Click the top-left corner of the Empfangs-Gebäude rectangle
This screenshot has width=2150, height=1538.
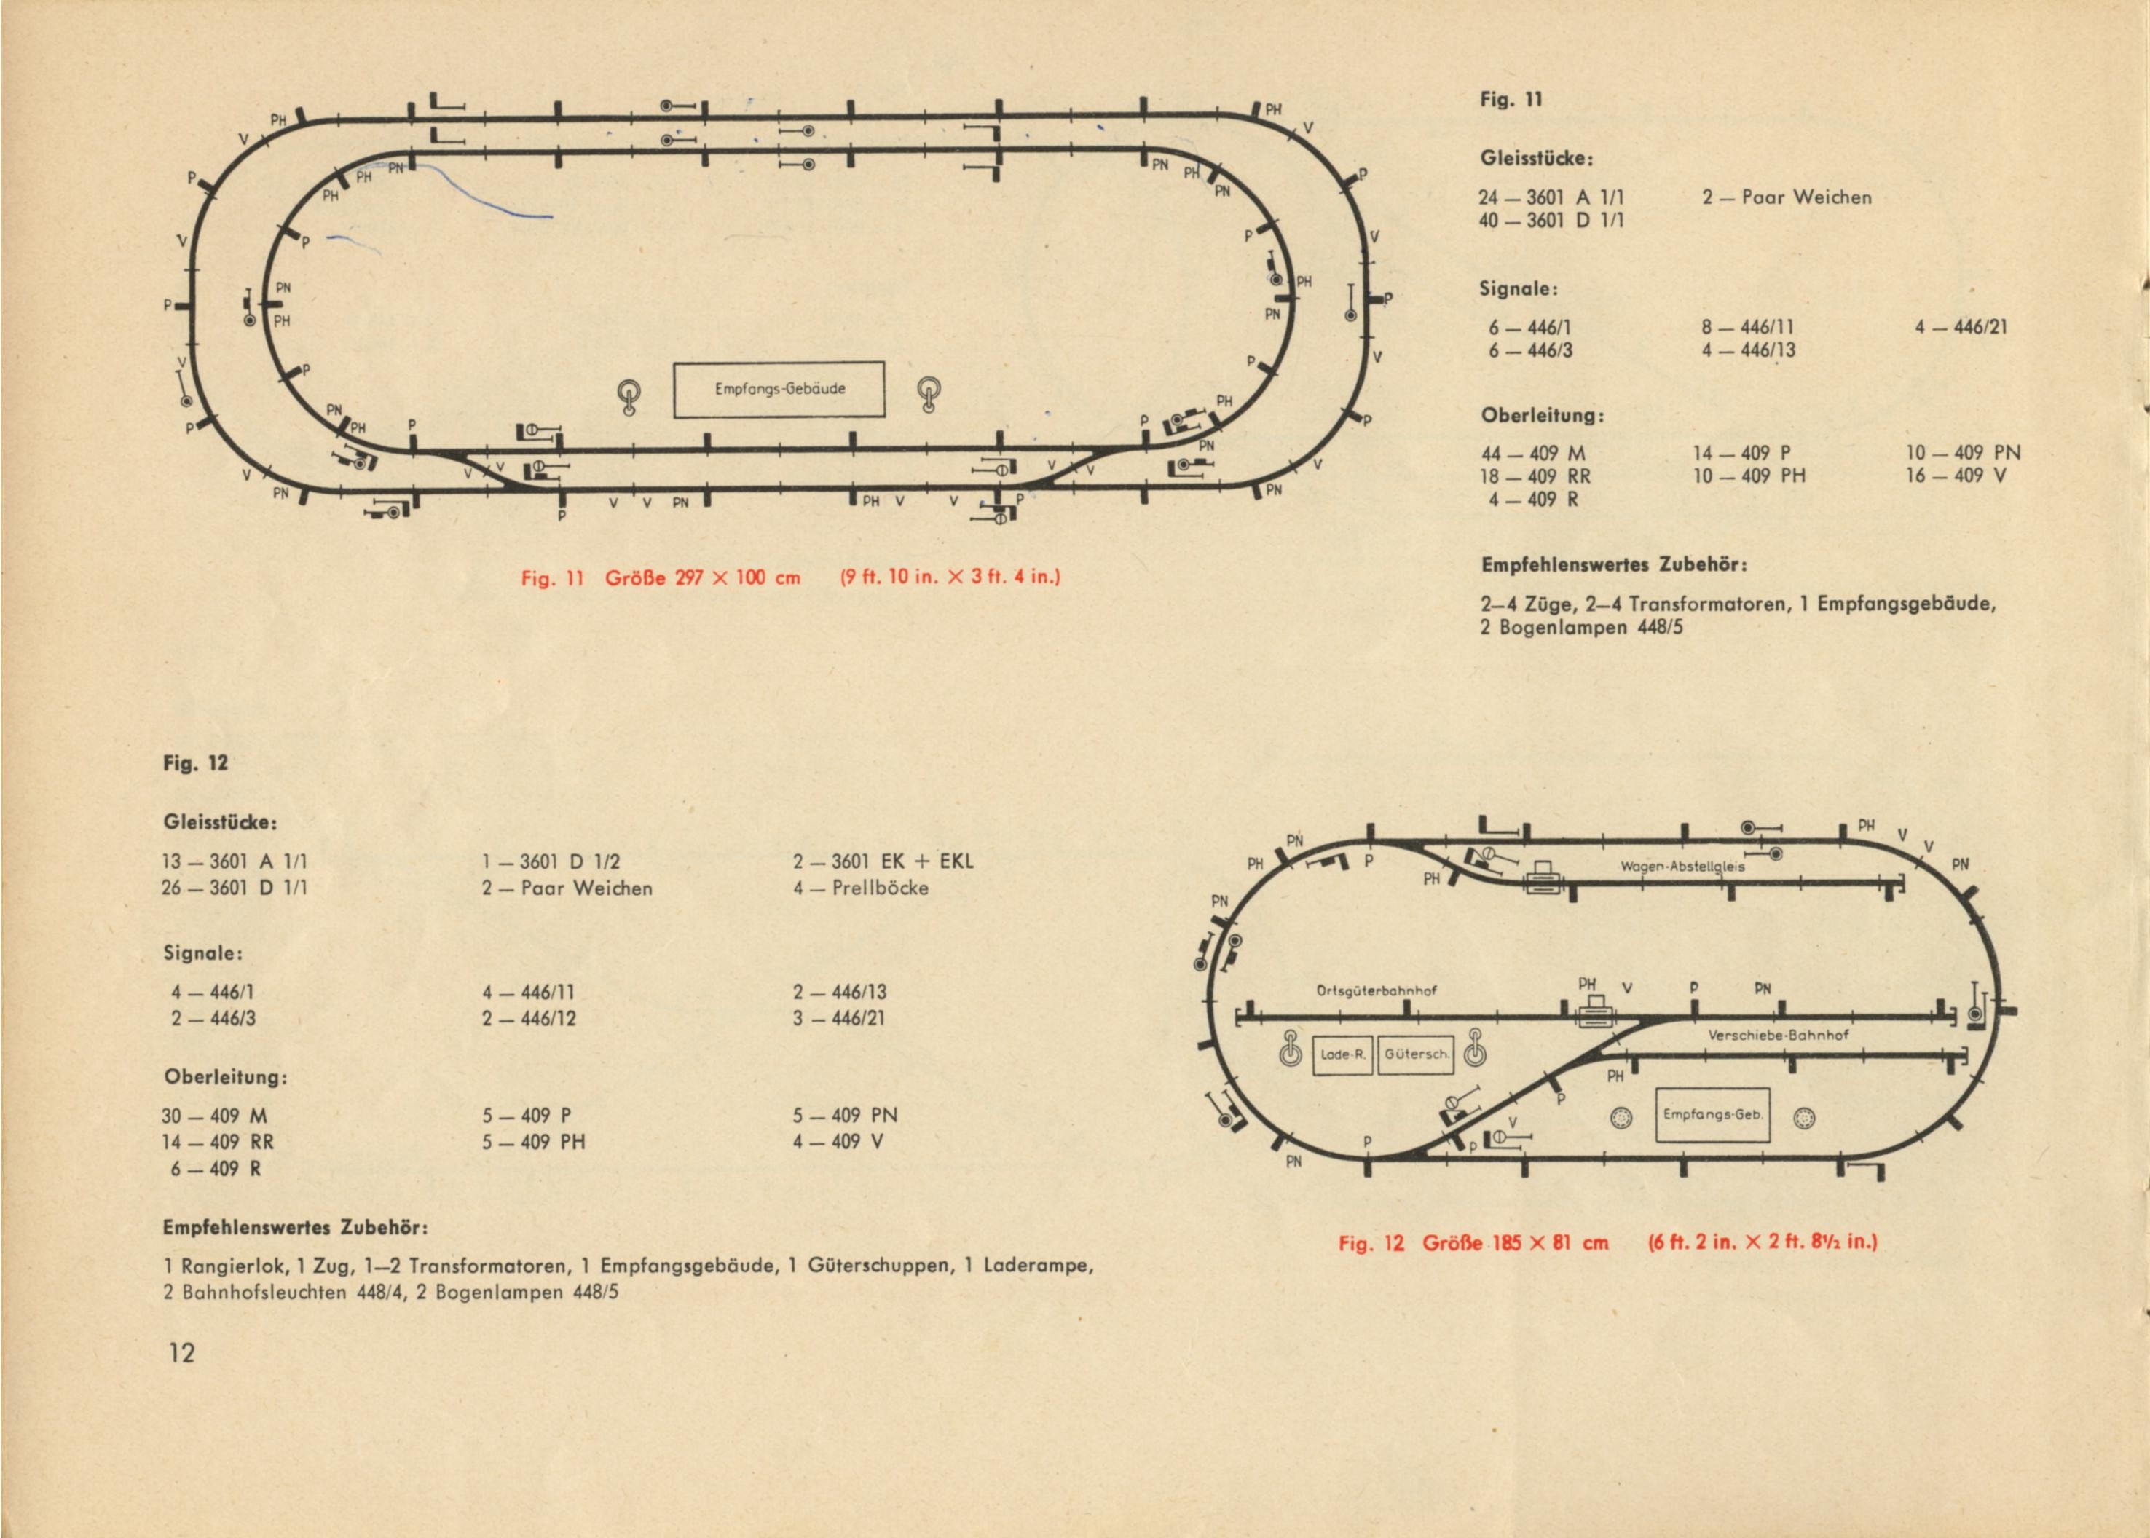(674, 363)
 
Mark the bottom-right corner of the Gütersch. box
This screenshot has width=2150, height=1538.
(1454, 1075)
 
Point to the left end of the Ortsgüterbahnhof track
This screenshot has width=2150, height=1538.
(1236, 1019)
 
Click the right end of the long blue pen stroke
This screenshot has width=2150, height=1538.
(552, 218)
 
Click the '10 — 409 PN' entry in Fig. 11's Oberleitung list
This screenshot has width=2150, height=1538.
(1963, 454)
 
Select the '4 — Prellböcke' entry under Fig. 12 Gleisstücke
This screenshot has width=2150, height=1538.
(861, 888)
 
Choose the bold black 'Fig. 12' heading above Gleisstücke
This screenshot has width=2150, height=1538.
(196, 762)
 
